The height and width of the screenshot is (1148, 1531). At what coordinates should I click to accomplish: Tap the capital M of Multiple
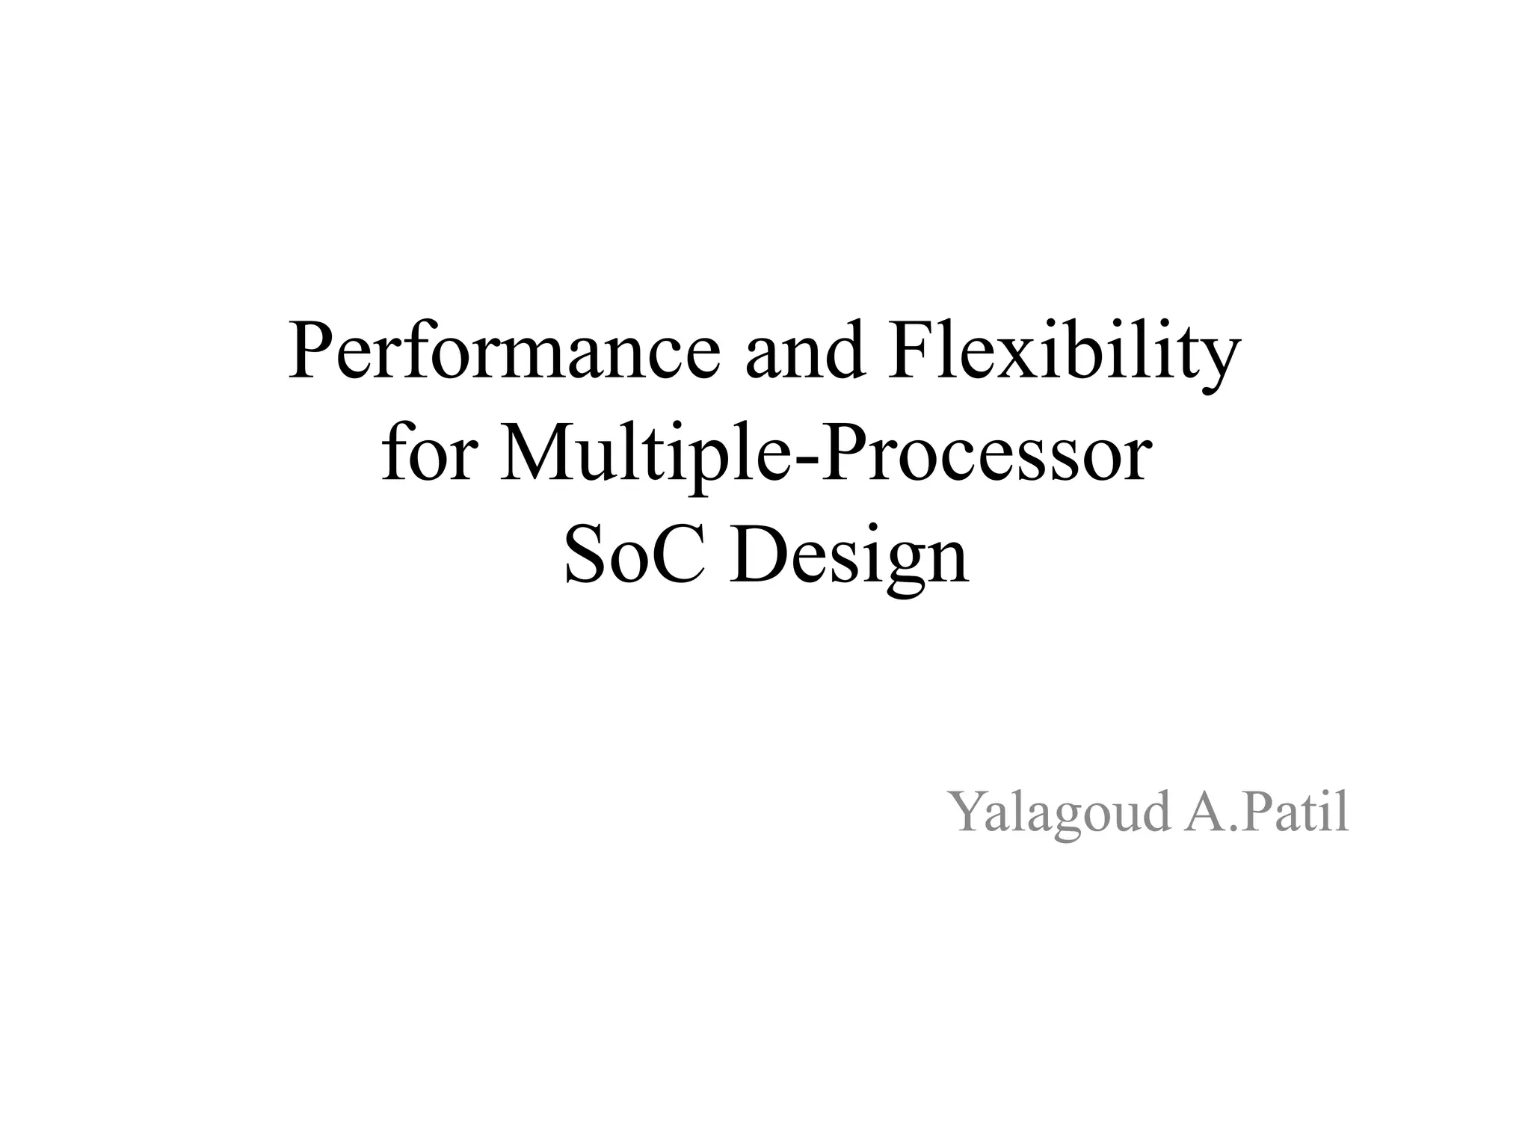point(532,455)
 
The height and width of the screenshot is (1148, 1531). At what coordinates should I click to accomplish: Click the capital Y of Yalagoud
point(968,812)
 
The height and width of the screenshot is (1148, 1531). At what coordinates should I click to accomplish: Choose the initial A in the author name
point(1203,812)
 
